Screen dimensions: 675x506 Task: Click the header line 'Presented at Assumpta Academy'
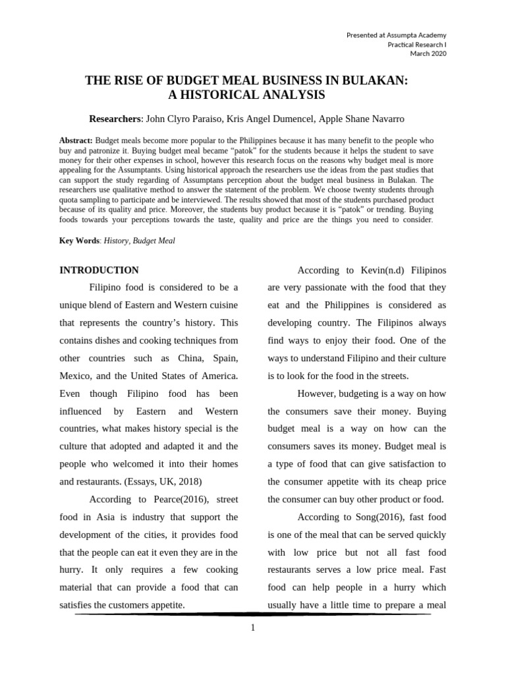(396, 34)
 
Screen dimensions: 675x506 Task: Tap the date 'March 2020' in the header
(428, 53)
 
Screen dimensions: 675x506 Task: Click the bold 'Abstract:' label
(76, 141)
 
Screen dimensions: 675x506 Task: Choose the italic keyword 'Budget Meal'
(154, 241)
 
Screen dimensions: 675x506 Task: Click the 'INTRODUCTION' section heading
(99, 270)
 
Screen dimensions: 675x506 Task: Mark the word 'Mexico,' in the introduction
(76, 375)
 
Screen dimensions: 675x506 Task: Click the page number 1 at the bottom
(252, 627)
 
